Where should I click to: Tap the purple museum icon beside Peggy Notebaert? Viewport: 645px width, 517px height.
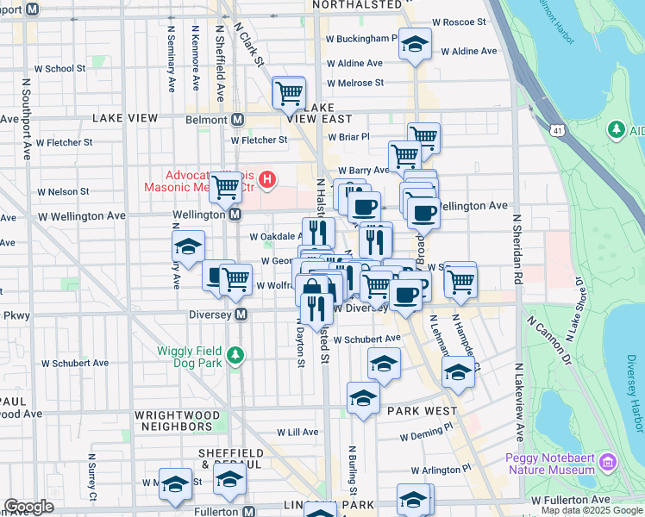(x=609, y=463)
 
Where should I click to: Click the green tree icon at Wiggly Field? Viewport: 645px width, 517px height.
(x=235, y=356)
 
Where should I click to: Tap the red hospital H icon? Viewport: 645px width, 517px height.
(x=267, y=180)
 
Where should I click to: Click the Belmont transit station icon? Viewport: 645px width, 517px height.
(x=236, y=119)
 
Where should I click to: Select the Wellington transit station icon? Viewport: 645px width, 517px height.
(x=234, y=215)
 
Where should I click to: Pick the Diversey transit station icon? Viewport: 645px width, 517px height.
(x=241, y=315)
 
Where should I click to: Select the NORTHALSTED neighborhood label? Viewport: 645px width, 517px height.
(x=346, y=4)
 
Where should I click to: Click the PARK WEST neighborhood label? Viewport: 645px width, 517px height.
(x=422, y=411)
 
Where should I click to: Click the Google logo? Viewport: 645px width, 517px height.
(x=29, y=507)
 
